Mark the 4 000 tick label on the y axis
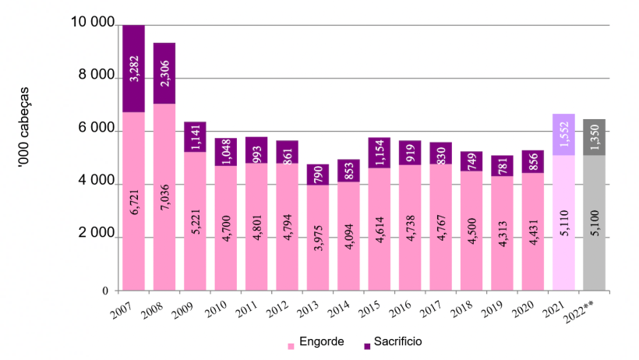95,184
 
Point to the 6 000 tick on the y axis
95,131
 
